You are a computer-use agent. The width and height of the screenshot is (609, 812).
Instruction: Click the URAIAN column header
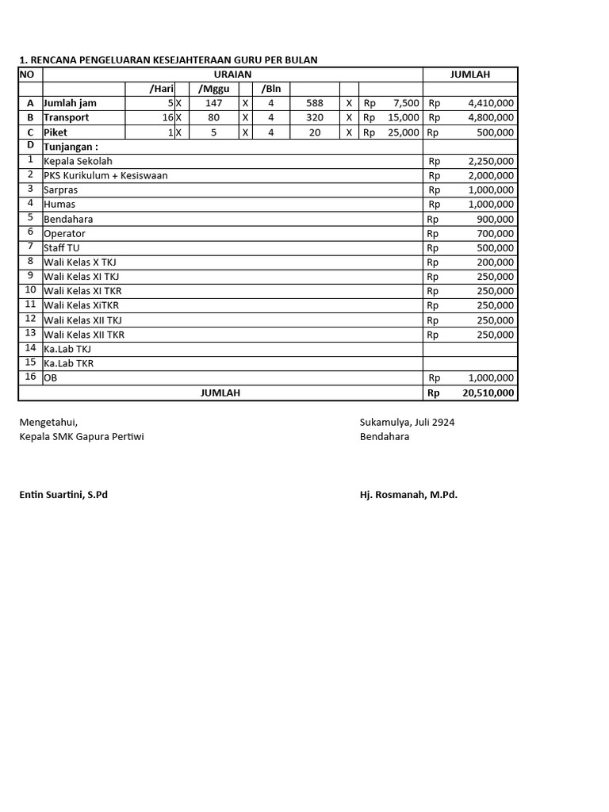click(232, 75)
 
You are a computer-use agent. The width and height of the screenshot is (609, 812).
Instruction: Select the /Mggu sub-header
click(213, 89)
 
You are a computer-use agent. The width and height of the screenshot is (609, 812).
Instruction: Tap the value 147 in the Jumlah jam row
click(213, 103)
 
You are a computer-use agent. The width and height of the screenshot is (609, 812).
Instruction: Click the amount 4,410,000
click(490, 103)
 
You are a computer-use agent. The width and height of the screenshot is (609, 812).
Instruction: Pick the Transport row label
click(66, 117)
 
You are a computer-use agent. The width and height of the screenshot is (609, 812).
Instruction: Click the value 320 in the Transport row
click(315, 117)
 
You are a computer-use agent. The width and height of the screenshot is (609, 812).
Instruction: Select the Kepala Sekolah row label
click(78, 161)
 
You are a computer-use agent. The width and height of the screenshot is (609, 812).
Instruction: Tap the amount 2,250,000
click(490, 161)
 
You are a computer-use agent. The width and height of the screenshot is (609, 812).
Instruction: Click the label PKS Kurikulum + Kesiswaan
click(105, 175)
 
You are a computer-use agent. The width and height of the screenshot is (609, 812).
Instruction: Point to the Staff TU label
click(62, 247)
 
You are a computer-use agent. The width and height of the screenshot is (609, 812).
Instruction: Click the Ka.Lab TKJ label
click(67, 349)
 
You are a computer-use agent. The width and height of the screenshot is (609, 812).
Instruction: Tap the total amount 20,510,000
click(488, 393)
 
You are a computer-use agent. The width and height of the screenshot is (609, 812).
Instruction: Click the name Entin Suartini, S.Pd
click(63, 495)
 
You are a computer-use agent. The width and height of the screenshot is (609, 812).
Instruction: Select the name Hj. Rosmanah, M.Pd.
click(408, 495)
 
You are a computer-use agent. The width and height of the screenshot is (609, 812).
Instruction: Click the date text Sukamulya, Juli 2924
click(407, 423)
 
